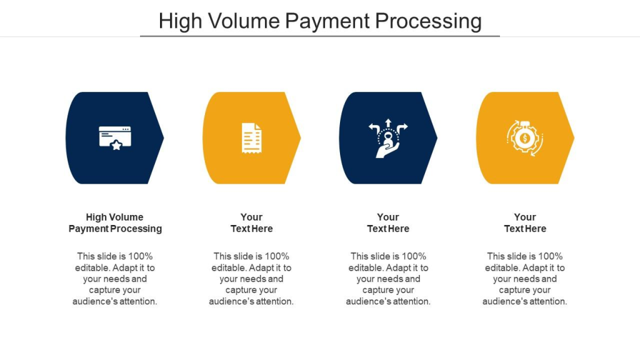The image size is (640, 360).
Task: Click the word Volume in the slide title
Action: (x=242, y=21)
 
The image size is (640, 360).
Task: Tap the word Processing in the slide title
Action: (x=428, y=22)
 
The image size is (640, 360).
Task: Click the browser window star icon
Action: (x=115, y=138)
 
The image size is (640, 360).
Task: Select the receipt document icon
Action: (x=251, y=138)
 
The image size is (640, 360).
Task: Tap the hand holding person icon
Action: (x=387, y=138)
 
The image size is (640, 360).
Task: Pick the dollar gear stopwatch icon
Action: (x=525, y=138)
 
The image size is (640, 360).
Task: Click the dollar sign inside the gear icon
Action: (x=525, y=138)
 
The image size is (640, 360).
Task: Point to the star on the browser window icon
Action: (x=116, y=145)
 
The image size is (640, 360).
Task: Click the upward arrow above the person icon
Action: (x=388, y=123)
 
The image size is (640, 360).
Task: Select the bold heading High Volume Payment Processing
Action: (x=115, y=223)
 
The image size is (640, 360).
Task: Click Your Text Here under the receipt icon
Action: (x=251, y=223)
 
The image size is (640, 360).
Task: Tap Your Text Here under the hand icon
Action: (x=388, y=223)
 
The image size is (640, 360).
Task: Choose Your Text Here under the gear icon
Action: (x=525, y=223)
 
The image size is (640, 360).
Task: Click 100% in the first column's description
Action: (x=141, y=256)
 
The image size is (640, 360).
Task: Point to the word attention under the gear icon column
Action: (x=547, y=302)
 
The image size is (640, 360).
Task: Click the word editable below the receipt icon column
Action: (x=229, y=267)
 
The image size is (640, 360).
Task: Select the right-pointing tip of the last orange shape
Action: (x=574, y=138)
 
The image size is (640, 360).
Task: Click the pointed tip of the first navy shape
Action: (x=163, y=138)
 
